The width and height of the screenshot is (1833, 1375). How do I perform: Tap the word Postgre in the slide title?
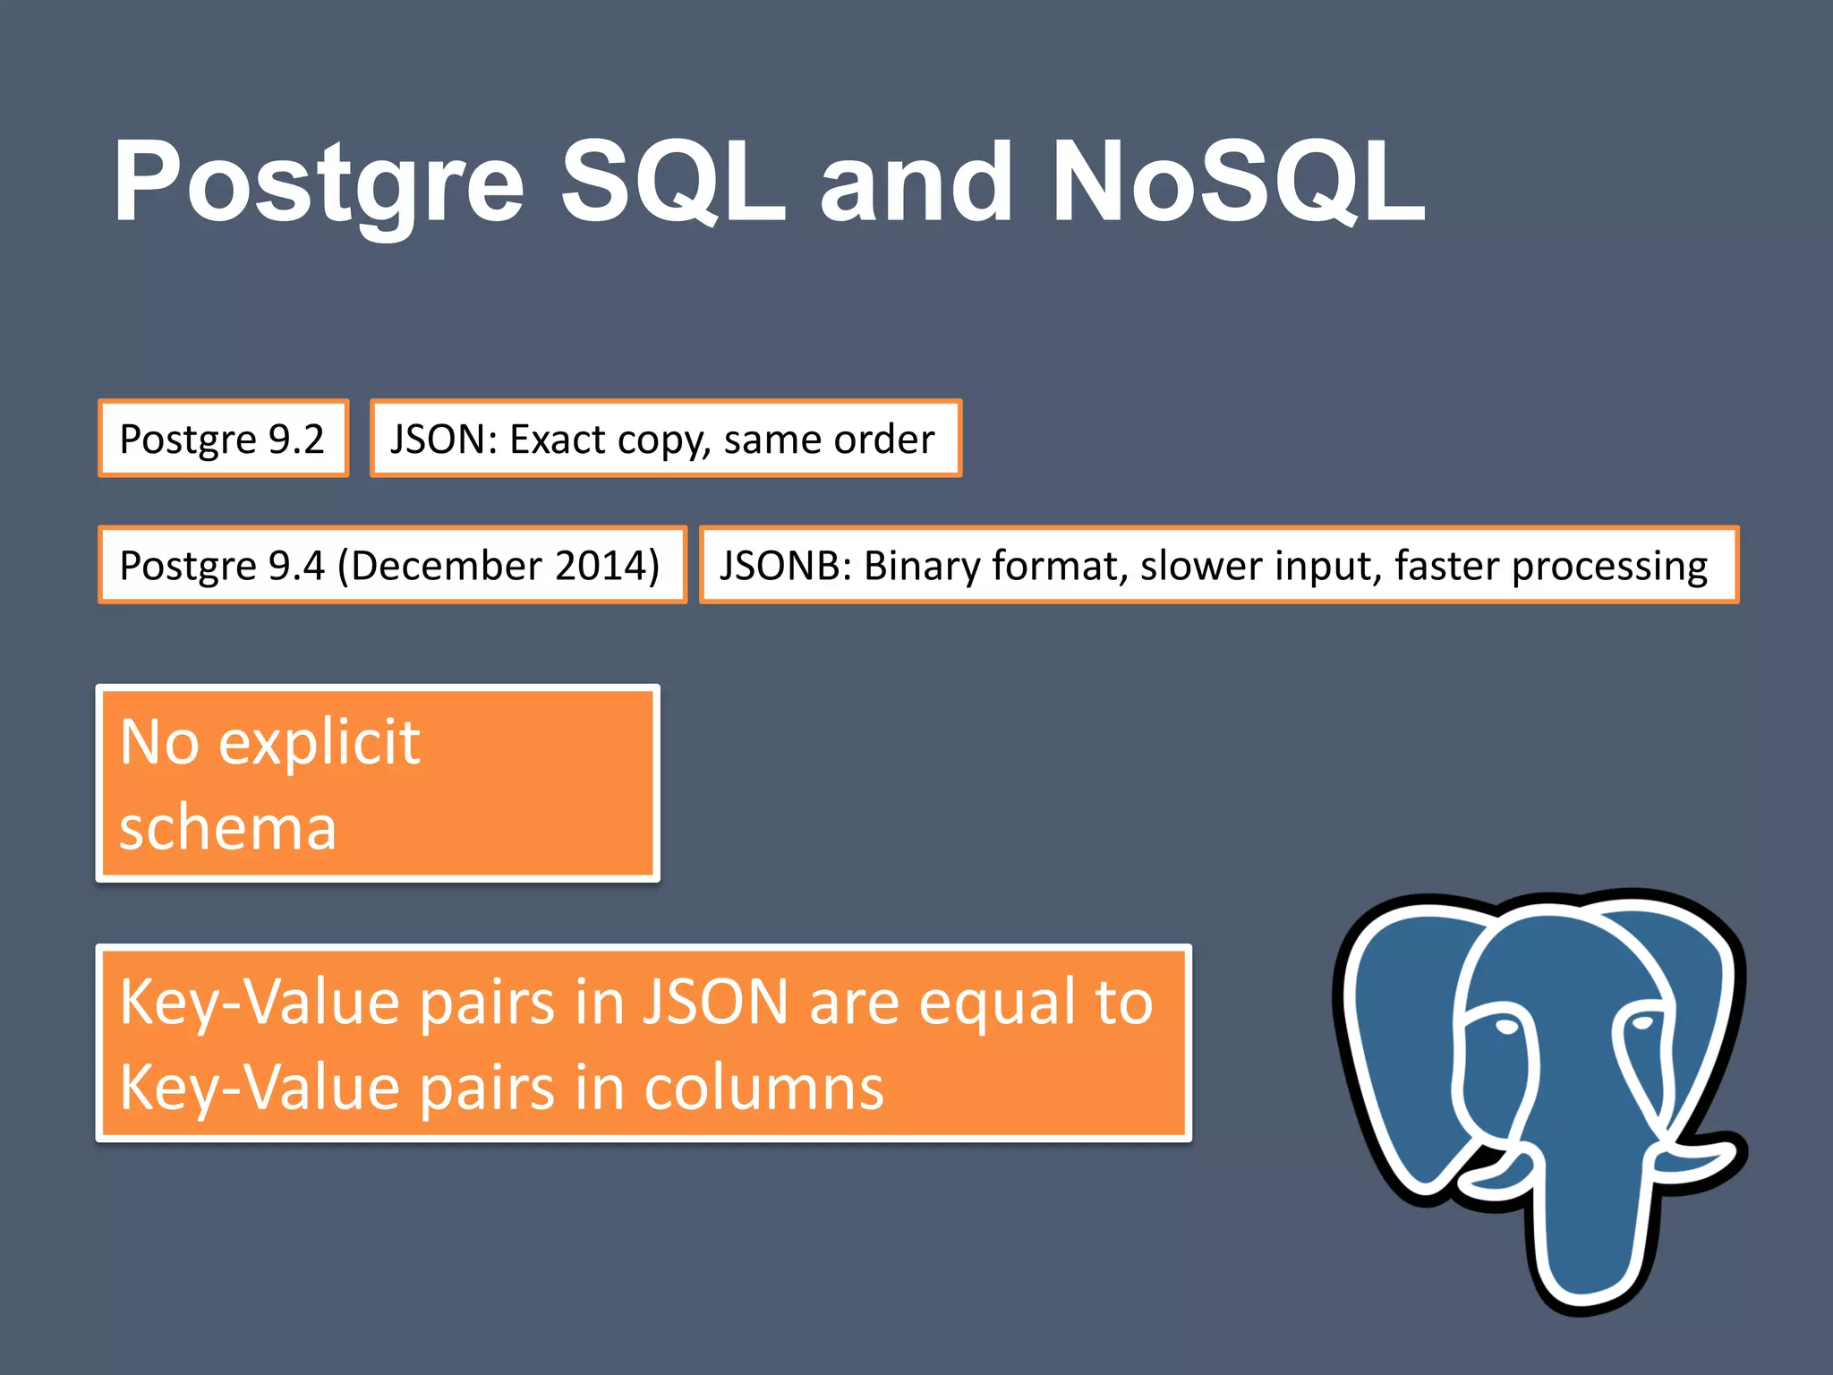(x=318, y=184)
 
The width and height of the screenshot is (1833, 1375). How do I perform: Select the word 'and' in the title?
(x=915, y=184)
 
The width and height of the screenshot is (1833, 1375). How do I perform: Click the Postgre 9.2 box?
(x=222, y=439)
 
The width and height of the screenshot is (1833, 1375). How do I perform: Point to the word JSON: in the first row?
(x=443, y=439)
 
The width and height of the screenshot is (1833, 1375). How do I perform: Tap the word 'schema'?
(x=228, y=827)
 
